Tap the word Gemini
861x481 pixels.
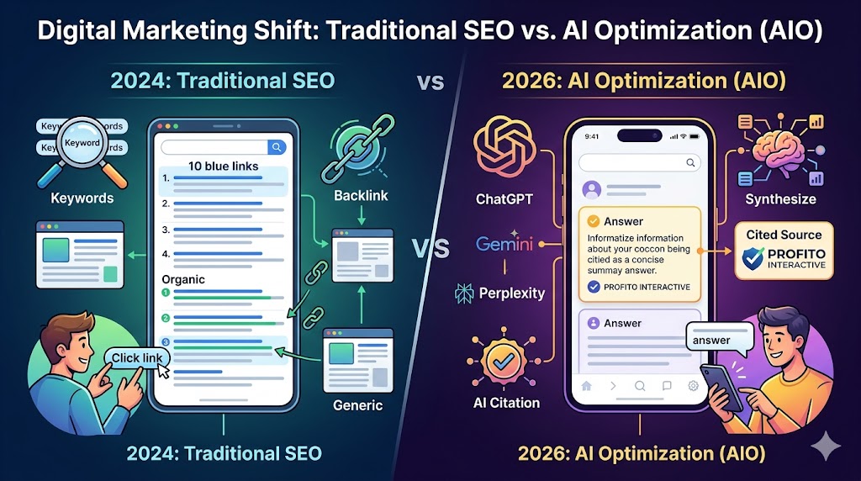(504, 245)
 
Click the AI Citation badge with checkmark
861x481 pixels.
(504, 361)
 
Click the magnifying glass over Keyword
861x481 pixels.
(81, 146)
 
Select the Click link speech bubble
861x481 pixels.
(137, 357)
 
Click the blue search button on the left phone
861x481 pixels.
(277, 147)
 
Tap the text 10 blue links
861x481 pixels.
(223, 166)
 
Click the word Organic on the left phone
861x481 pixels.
(182, 279)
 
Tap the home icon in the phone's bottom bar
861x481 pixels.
(586, 387)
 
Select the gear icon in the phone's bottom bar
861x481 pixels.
(694, 387)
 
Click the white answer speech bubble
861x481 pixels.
(720, 339)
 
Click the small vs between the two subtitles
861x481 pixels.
(430, 82)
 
